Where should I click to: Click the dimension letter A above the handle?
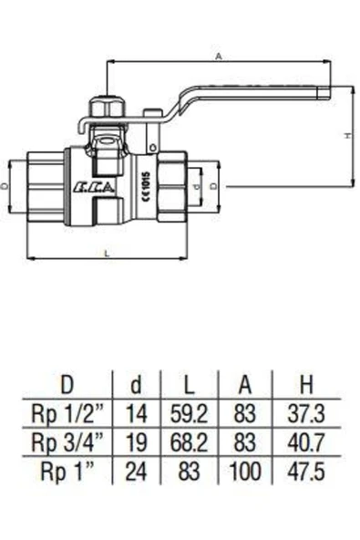coord(219,56)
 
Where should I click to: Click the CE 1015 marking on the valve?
coord(144,182)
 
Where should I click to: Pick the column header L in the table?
coord(186,383)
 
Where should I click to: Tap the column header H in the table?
coord(306,383)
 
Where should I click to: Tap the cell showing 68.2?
coord(187,442)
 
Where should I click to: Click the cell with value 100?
coord(245,472)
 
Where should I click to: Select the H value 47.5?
coord(306,472)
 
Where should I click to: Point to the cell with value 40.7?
coord(306,442)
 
